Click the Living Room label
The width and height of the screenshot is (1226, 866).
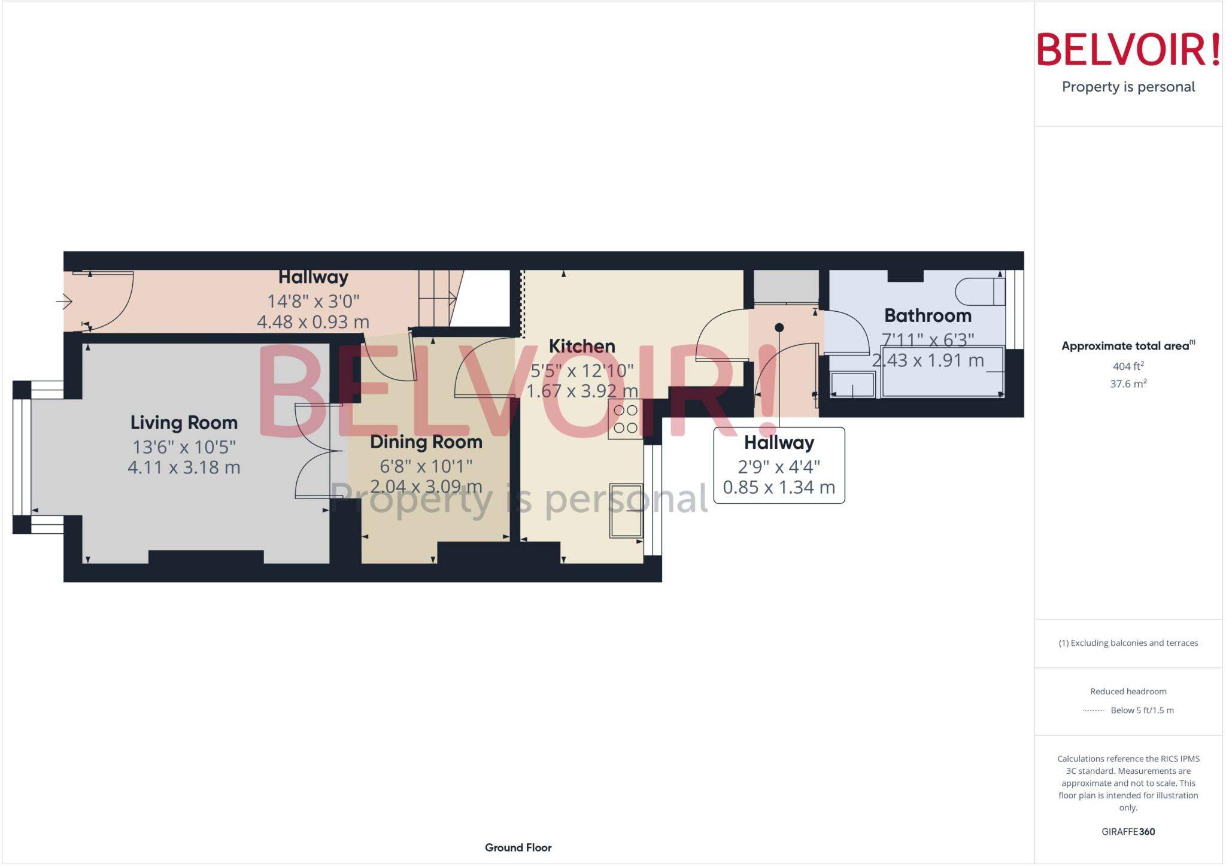point(184,423)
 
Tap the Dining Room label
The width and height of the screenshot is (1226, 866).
point(426,442)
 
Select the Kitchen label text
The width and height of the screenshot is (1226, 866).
point(582,346)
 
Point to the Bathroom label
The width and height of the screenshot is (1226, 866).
point(927,315)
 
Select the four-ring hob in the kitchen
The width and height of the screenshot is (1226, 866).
point(626,420)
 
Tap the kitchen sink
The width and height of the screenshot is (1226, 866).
point(626,511)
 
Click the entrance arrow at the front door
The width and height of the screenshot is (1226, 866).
point(64,301)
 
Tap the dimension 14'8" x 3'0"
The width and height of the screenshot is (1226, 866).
point(313,301)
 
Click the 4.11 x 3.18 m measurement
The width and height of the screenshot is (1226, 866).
point(184,467)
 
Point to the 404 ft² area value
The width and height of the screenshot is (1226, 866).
point(1128,366)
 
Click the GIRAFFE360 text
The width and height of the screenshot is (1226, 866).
point(1128,831)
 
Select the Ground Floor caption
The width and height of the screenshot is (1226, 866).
point(518,847)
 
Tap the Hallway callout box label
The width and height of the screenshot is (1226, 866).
point(779,443)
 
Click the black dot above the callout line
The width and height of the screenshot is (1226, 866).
point(779,327)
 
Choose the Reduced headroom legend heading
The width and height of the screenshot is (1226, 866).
point(1128,691)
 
